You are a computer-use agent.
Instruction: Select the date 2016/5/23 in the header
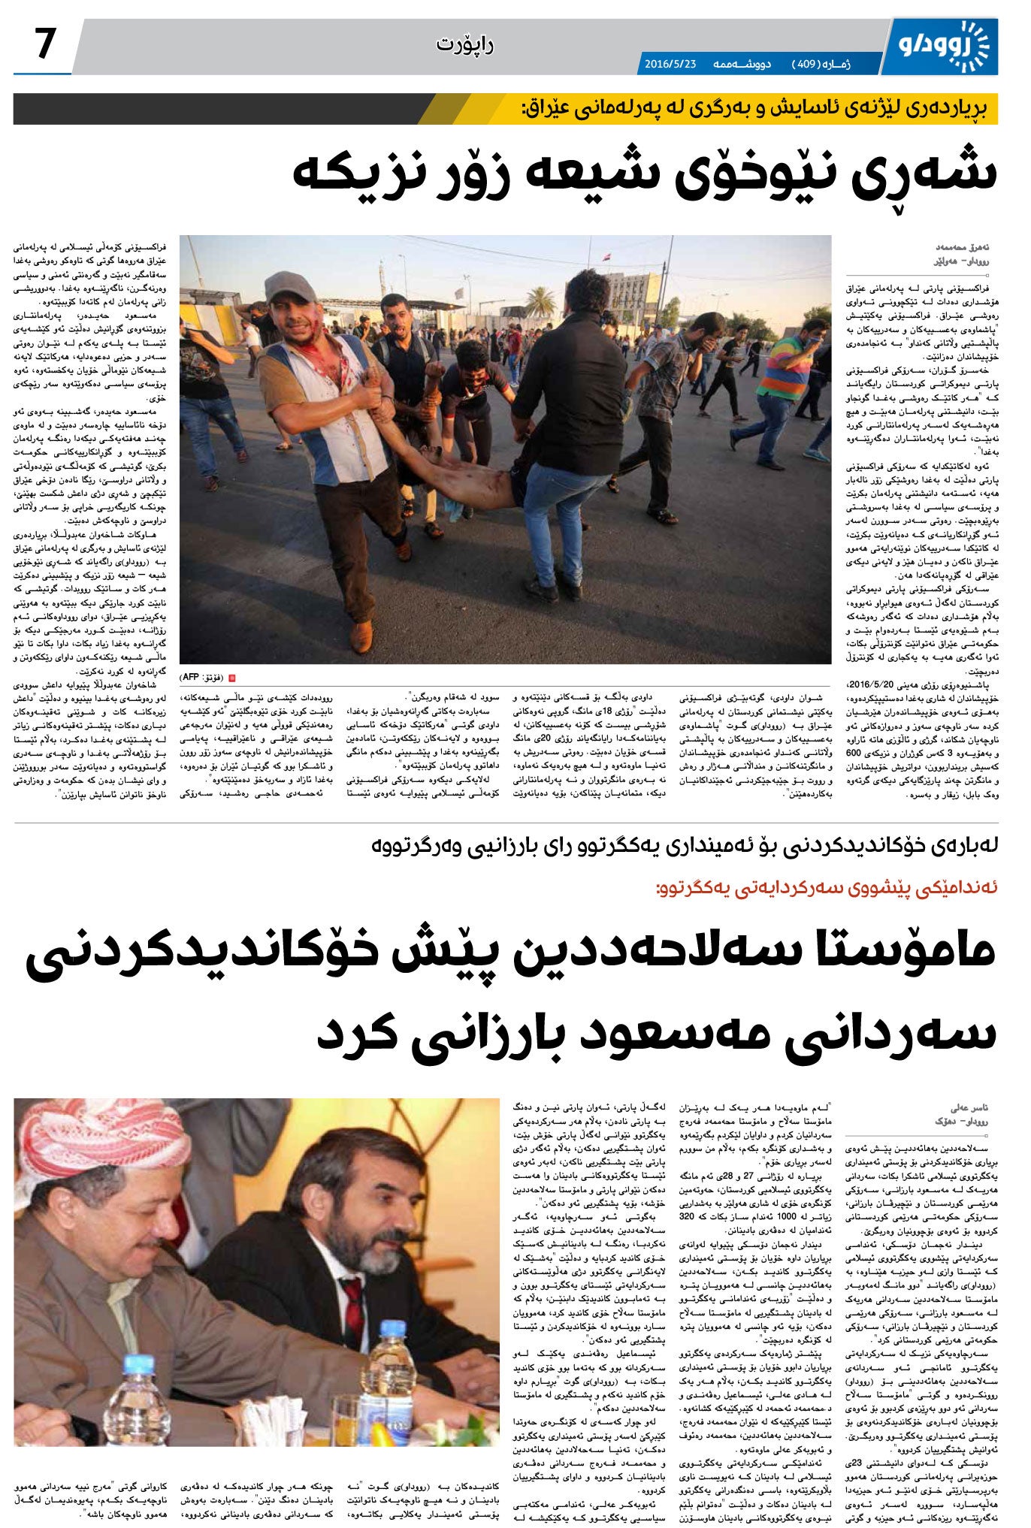pos(670,65)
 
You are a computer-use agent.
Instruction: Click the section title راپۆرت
pos(464,45)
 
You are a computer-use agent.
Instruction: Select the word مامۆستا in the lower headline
pos(909,950)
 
